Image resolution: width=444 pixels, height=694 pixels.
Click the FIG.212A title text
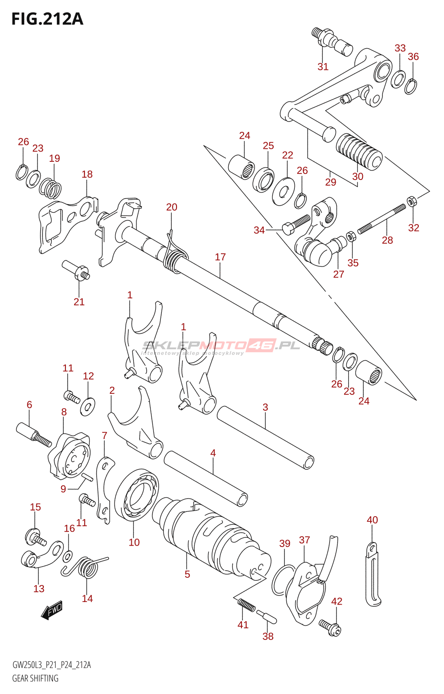coord(47,19)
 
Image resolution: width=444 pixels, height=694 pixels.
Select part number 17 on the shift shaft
coord(220,257)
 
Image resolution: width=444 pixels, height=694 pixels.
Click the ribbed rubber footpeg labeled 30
coord(359,151)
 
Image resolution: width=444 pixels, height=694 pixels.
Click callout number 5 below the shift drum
coord(187,574)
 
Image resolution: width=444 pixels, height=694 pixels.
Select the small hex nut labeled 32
coord(411,201)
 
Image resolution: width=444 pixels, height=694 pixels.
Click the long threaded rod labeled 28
coord(381,219)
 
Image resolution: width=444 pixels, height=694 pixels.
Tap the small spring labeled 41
coord(246,604)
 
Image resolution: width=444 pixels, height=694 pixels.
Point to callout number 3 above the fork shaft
coord(265,407)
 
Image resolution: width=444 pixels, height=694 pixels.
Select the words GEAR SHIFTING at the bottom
coord(35,678)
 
